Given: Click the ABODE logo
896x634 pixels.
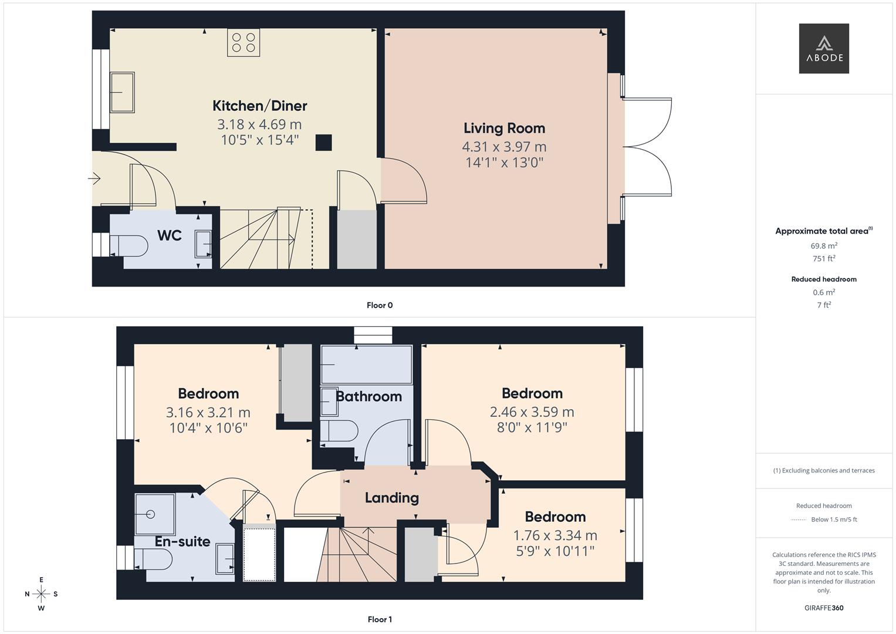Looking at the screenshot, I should tap(823, 48).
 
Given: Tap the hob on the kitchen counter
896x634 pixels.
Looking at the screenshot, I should tap(244, 43).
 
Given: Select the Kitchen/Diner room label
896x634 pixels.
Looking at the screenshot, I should tap(259, 106).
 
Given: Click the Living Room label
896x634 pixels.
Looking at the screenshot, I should tap(504, 128).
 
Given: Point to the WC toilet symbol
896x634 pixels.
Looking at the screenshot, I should tap(129, 245).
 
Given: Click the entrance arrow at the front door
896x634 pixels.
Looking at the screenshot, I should tap(94, 178).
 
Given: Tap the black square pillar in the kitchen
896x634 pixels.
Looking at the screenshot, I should tap(323, 143).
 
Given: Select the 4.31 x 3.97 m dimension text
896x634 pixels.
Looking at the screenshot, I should tap(504, 147).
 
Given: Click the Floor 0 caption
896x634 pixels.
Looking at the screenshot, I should tap(380, 305).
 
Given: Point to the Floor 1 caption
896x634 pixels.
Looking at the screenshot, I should tap(380, 619).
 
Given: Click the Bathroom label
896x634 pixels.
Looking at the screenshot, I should tap(368, 396).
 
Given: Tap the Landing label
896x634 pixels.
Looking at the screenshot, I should tap(391, 498).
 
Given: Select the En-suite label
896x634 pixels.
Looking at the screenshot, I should tap(182, 541).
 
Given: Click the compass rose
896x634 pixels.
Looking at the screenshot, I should tap(41, 594).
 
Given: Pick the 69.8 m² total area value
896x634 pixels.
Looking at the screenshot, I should tap(823, 246).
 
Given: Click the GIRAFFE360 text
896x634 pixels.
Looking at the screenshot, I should tap(823, 608).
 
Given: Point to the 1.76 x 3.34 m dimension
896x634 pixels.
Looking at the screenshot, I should tap(555, 535).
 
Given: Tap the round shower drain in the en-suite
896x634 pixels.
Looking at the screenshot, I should tap(150, 514).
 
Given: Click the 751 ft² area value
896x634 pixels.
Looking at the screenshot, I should tap(823, 258).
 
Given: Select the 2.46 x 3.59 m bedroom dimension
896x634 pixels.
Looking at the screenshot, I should tap(532, 412).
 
